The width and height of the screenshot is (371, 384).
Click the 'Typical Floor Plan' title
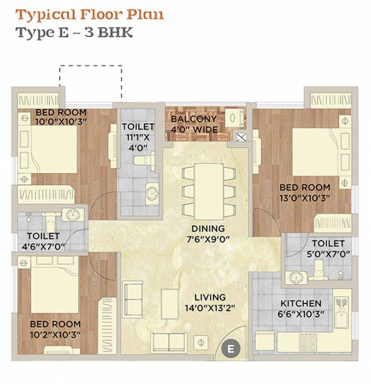tap(89, 13)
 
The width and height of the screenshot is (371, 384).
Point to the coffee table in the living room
tap(169, 303)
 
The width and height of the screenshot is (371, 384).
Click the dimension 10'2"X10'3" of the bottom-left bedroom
tap(55, 334)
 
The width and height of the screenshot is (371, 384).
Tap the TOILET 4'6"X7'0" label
tap(43, 240)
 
